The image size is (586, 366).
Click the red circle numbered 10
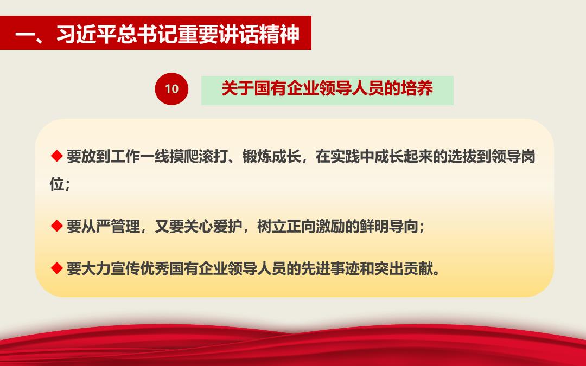[171, 89]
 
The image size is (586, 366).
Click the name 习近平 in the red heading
[86, 34]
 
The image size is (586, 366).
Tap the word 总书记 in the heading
[146, 34]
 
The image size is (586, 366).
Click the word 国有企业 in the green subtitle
[286, 88]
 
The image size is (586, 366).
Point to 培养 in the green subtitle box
[416, 88]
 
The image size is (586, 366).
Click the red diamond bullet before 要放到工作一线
[57, 156]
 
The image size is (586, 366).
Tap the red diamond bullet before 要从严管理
[57, 226]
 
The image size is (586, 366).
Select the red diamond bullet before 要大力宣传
[57, 268]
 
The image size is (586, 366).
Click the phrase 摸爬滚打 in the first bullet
[199, 157]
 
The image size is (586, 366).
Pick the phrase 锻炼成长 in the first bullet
[271, 157]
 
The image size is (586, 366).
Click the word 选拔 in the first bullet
[462, 157]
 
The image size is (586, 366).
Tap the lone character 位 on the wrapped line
[57, 183]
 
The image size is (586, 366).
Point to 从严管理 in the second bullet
[111, 226]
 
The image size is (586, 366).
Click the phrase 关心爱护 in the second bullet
[213, 226]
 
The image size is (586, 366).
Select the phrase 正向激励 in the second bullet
[315, 226]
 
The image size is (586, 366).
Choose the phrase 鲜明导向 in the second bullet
[388, 226]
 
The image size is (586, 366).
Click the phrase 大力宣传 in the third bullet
[111, 268]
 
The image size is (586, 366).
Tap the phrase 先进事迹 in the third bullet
[330, 268]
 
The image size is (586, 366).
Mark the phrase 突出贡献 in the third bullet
[403, 268]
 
